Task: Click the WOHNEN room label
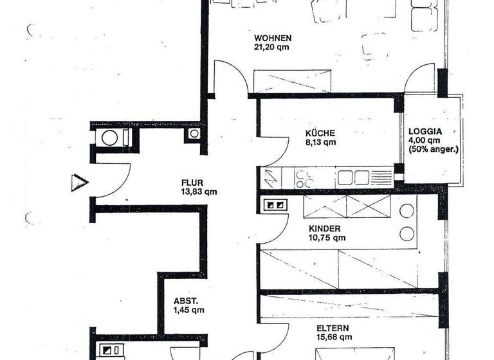pyautogui.click(x=273, y=37)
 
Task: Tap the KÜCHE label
pyautogui.click(x=320, y=134)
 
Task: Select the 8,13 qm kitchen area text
pyautogui.click(x=320, y=143)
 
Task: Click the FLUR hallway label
pyautogui.click(x=193, y=182)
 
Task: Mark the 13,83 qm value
pyautogui.click(x=199, y=192)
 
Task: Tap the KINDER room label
pyautogui.click(x=325, y=229)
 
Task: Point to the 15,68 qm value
pyautogui.click(x=333, y=335)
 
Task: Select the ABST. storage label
pyautogui.click(x=186, y=300)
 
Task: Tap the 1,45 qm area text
pyautogui.click(x=189, y=310)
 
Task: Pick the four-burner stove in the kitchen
pyautogui.click(x=303, y=177)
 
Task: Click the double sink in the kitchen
pyautogui.click(x=354, y=177)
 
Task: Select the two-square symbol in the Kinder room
pyautogui.click(x=275, y=206)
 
